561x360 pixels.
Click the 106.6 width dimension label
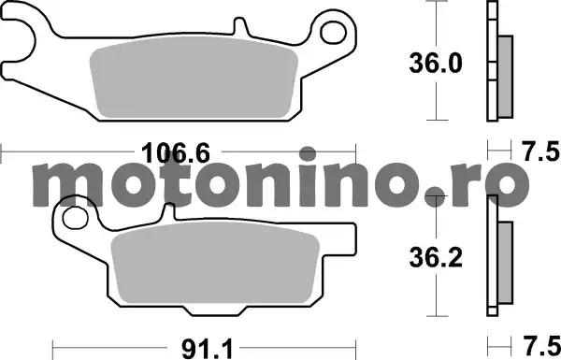[176, 152]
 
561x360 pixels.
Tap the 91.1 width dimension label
[208, 350]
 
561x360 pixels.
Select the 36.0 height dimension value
[436, 64]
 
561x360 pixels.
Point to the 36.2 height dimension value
[436, 258]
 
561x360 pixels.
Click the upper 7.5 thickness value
[540, 151]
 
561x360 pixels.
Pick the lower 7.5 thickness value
[540, 346]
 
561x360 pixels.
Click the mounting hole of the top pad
[333, 33]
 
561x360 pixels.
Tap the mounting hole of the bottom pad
[75, 218]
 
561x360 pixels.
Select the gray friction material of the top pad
[194, 77]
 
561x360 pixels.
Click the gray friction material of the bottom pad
[215, 263]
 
